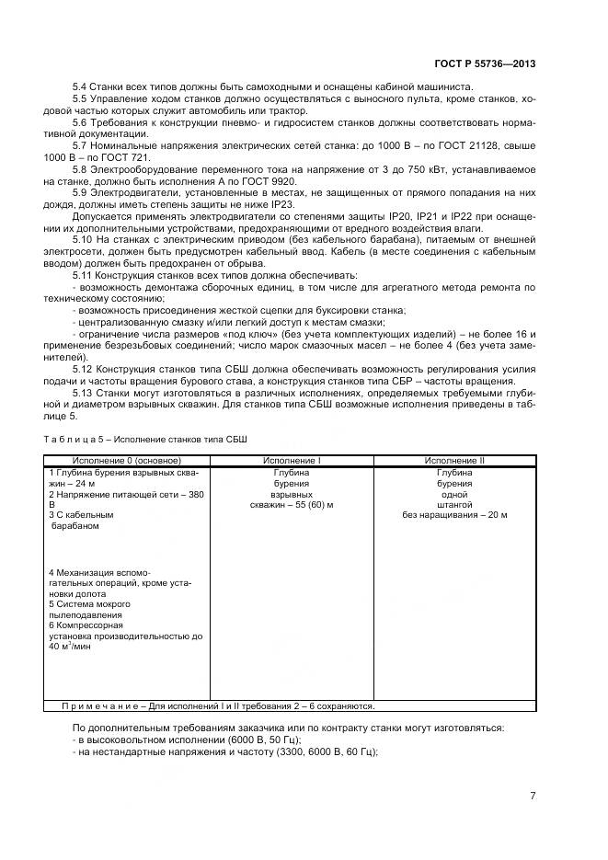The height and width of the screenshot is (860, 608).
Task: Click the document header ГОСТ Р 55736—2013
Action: point(486,65)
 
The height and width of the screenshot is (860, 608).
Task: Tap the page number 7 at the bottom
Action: point(533,796)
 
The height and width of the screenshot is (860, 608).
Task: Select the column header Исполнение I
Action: point(292,460)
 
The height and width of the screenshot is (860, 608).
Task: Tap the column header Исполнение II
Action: point(454,460)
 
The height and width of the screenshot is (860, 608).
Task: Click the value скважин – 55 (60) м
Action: point(292,505)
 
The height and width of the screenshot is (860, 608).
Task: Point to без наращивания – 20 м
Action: point(454,516)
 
